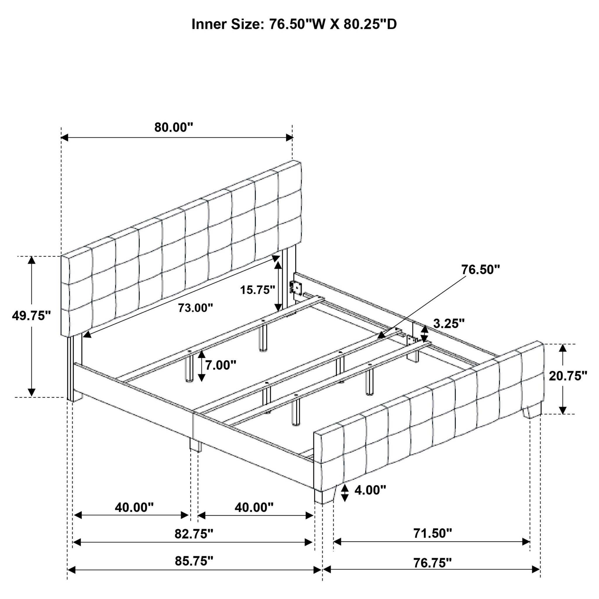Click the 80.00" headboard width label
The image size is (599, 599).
click(174, 128)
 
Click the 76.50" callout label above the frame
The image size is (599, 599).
click(481, 270)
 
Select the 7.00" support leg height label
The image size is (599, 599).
click(221, 365)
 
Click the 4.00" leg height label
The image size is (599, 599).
click(370, 490)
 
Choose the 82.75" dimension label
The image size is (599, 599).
click(194, 533)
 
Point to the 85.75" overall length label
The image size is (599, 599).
click(194, 561)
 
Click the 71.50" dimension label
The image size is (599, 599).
click(433, 533)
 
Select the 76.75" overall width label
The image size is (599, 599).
click(433, 562)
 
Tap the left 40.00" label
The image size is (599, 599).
click(134, 507)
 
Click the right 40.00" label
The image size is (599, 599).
click(254, 507)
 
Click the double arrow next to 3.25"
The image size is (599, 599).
click(424, 334)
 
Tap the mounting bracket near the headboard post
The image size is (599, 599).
click(296, 288)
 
